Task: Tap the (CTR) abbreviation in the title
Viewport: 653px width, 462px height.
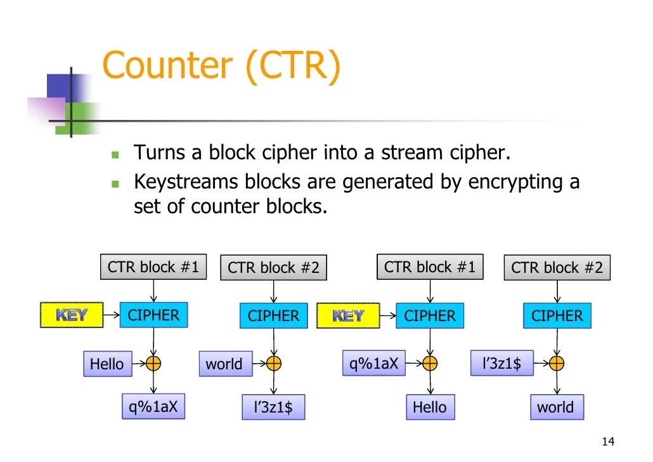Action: [x=293, y=65]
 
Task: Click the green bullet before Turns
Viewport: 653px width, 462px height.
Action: [x=115, y=154]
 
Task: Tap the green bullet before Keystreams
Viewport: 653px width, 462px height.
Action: [x=115, y=183]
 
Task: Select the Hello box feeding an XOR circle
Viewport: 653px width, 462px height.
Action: [x=107, y=364]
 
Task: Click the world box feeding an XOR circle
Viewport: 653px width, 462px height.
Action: [x=224, y=364]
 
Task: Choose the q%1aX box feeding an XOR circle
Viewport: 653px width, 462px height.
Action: [x=373, y=364]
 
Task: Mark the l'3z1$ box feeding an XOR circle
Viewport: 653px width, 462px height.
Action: [x=501, y=364]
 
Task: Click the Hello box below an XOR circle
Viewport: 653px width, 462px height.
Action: [x=429, y=407]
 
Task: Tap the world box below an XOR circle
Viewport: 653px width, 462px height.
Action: [x=555, y=407]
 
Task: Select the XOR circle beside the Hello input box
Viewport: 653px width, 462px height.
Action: [x=153, y=364]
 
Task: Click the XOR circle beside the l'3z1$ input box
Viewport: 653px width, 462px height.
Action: [x=556, y=364]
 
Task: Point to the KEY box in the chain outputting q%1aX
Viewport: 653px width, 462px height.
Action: [x=72, y=315]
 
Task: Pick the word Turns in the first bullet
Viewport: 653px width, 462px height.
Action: [x=159, y=153]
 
